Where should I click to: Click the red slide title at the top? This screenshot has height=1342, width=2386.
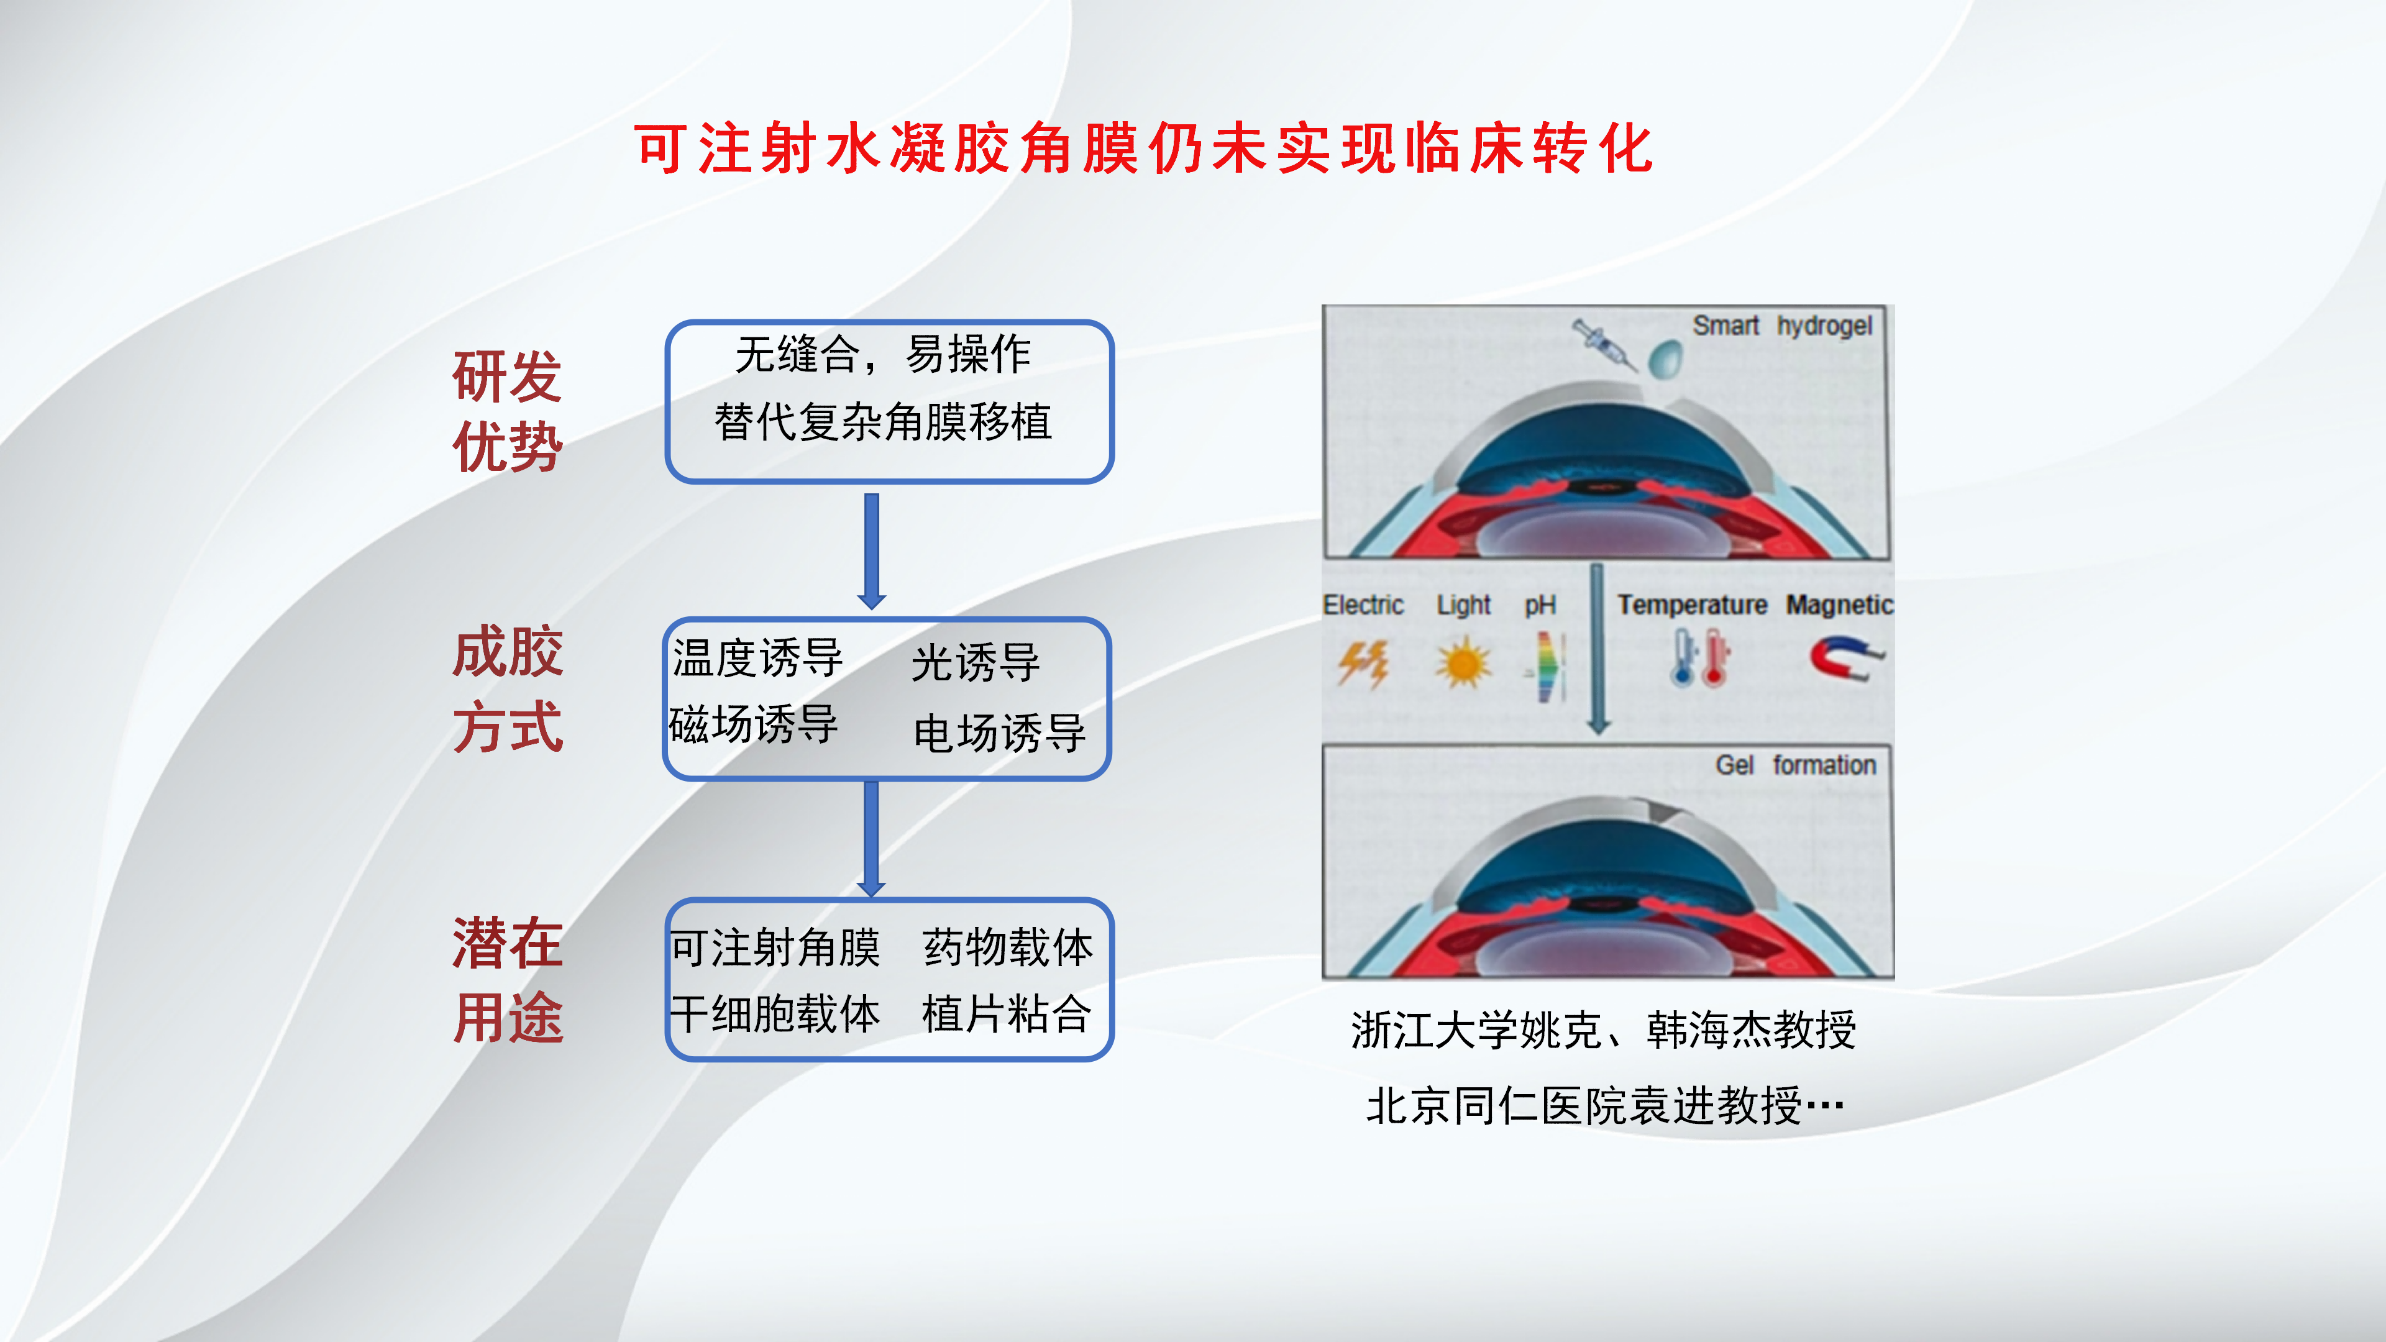1144,148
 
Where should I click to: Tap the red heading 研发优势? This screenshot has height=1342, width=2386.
508,411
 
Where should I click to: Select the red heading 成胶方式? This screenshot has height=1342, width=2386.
508,688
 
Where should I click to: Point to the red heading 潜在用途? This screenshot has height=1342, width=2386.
508,980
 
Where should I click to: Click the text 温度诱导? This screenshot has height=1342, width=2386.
757,659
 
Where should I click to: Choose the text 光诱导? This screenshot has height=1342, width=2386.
976,663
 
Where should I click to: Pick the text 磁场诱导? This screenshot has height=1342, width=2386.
753,724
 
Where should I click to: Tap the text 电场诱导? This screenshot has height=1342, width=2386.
999,733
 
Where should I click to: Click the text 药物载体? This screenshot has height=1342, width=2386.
1008,947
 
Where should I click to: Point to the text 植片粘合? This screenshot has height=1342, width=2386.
1006,1013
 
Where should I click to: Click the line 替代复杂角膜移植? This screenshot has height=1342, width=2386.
883,422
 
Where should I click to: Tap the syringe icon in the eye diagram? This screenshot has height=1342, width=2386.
1604,345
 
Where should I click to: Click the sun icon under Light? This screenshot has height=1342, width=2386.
1463,663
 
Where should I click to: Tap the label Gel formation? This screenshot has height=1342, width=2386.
1795,765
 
